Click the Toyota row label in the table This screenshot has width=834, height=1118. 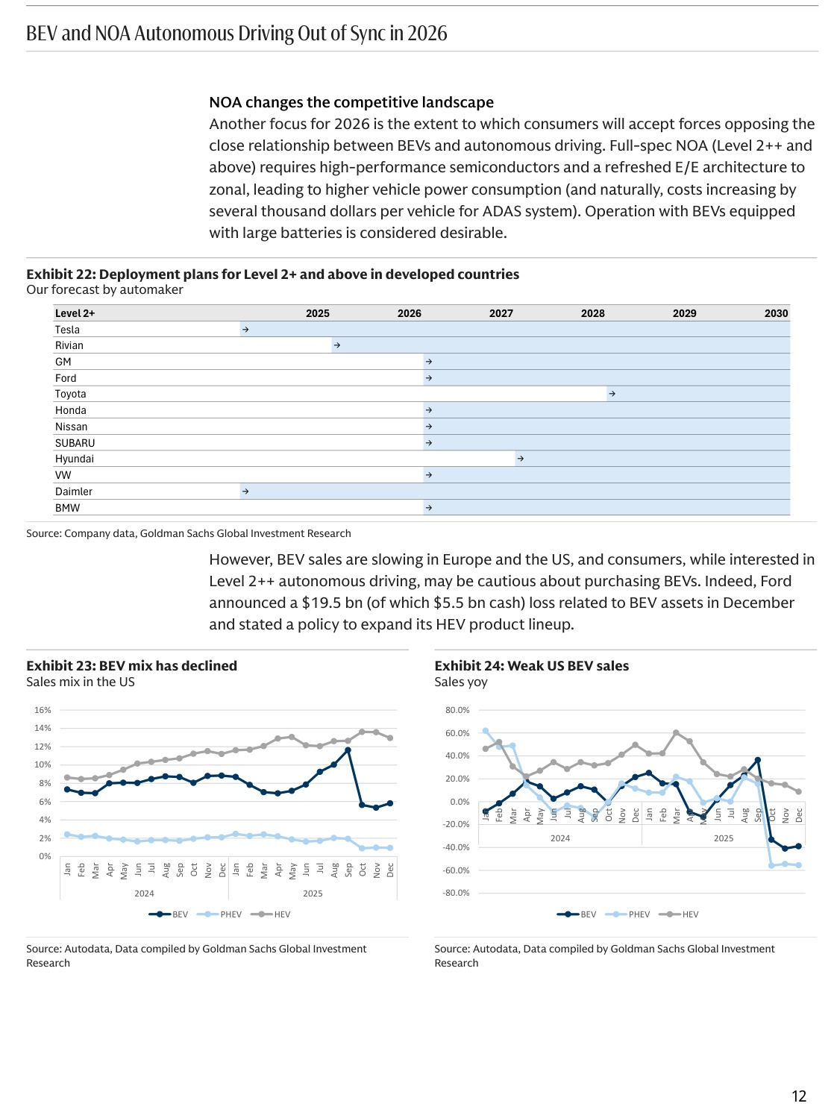coord(70,394)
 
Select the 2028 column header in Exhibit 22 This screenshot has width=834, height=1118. coord(592,313)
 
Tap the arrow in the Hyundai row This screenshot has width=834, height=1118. coord(520,459)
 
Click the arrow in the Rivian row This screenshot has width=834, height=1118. coord(337,345)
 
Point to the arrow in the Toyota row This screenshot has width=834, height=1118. coord(612,394)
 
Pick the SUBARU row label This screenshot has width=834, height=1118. coord(75,443)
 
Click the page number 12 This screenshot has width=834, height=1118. coord(799,1096)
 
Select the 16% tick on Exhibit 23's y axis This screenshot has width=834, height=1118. coord(43,710)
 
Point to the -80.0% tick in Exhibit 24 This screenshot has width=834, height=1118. coord(457,893)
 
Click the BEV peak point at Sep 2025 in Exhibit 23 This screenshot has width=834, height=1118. coord(348,750)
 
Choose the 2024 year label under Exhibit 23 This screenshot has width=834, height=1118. coord(144,894)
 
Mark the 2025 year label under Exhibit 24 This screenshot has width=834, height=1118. coord(723,838)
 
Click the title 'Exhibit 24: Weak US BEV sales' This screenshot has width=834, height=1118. coord(531,666)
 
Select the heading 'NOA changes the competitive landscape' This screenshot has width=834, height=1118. coord(351,102)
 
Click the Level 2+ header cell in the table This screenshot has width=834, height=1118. coord(75,313)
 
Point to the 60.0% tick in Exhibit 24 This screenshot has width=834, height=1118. coord(457,733)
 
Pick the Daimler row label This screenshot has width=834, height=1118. coord(74,492)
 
